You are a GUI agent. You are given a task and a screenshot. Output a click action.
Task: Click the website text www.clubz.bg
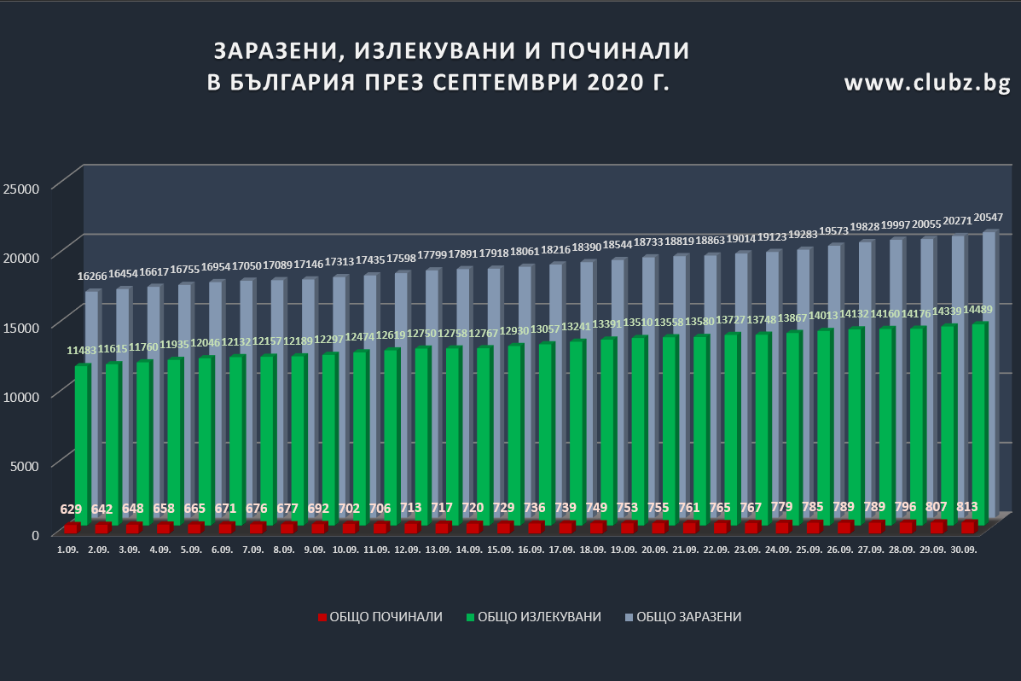927,83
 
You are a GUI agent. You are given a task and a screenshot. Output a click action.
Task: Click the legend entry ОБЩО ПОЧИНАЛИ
380,616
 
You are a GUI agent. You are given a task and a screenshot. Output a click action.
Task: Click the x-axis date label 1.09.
67,550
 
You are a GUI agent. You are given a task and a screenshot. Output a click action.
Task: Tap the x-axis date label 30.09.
963,550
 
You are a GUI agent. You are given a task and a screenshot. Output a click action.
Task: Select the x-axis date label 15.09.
500,550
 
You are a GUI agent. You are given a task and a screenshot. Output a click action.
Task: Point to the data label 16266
92,276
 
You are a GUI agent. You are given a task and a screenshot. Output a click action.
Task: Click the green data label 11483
83,351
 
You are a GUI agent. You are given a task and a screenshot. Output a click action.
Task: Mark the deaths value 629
72,509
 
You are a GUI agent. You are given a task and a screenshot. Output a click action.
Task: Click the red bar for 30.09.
968,527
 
